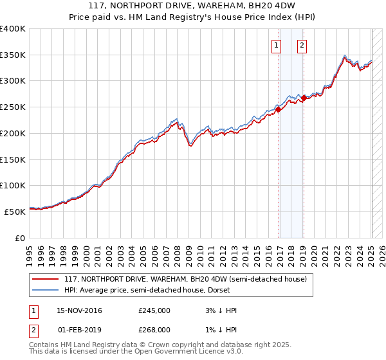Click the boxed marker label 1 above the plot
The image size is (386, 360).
276,45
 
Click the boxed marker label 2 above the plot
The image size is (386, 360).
301,45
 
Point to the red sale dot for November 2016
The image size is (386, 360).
279,109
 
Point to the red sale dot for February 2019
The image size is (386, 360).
304,98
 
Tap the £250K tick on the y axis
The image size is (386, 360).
13,107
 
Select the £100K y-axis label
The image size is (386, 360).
13,185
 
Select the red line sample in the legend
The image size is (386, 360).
45,280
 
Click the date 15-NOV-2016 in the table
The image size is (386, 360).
79,310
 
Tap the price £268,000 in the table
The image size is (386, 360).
154,329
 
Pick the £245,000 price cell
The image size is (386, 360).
154,310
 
